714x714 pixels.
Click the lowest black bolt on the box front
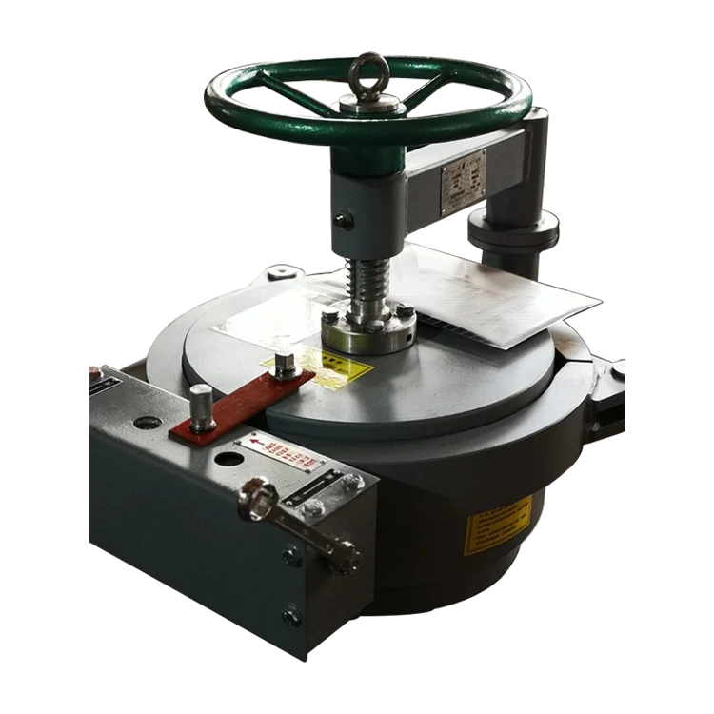291,616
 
